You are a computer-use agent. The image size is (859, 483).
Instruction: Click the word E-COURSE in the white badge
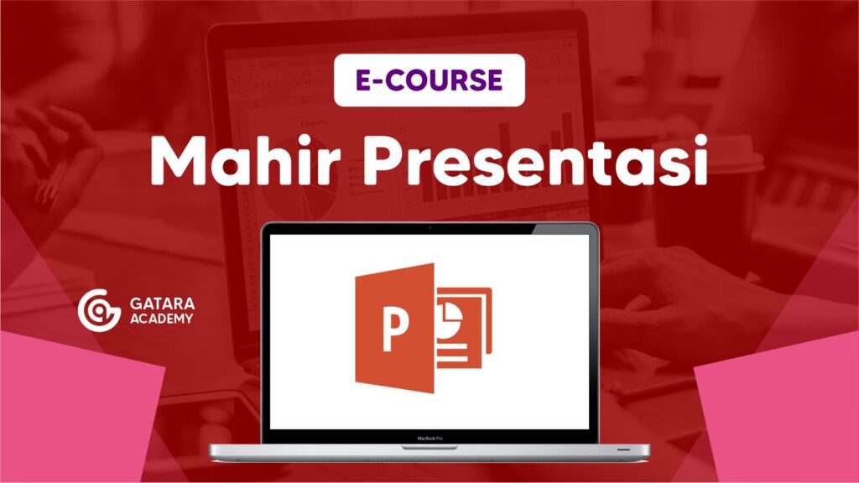(429, 80)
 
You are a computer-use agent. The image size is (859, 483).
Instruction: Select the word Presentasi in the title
(535, 160)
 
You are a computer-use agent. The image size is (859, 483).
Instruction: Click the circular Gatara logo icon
(99, 310)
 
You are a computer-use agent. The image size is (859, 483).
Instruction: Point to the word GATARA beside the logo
(162, 304)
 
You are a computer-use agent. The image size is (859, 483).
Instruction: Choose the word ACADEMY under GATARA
(162, 319)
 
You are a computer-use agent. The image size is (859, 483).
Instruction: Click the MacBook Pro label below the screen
(429, 438)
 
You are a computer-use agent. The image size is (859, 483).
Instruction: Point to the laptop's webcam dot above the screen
(429, 228)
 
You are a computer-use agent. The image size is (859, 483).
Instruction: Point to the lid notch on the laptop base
(429, 447)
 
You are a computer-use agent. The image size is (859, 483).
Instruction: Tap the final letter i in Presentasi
(700, 160)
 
